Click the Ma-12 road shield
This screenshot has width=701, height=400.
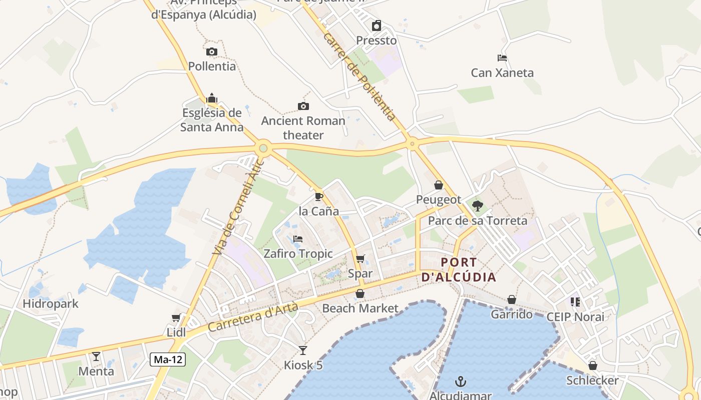click(168, 359)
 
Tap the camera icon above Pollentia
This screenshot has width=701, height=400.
click(212, 51)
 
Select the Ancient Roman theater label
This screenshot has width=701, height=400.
click(303, 128)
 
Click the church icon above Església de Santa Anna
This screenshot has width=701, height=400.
click(212, 98)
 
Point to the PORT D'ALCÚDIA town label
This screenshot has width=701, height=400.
click(459, 269)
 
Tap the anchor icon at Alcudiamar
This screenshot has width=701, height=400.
click(460, 382)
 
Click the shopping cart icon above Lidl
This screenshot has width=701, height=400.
click(176, 318)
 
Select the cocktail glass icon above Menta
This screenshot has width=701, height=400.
click(96, 356)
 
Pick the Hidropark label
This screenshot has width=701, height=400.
click(51, 303)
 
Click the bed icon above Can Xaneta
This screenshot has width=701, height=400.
click(502, 58)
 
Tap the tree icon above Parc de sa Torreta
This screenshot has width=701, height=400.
click(478, 205)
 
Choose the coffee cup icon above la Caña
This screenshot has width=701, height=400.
click(319, 196)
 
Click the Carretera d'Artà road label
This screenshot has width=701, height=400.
click(253, 317)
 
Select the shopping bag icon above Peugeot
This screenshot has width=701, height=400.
click(439, 185)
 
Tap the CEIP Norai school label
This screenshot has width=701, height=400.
click(575, 316)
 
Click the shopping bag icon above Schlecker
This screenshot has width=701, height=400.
click(593, 365)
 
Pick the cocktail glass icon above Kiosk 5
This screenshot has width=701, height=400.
click(303, 350)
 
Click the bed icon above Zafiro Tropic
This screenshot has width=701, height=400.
click(298, 239)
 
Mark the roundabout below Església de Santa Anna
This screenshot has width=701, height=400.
click(263, 148)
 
